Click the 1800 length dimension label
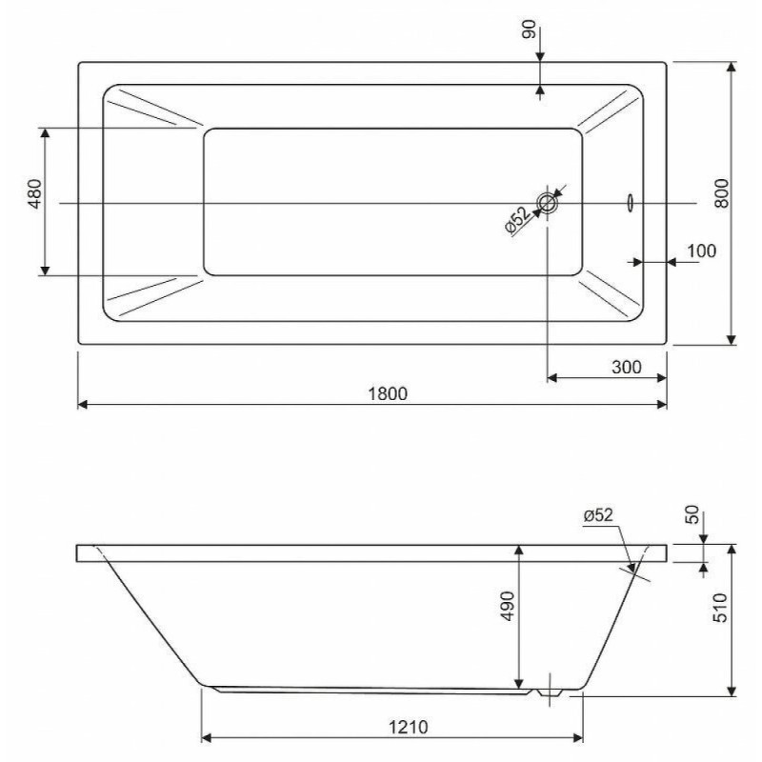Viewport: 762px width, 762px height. pyautogui.click(x=388, y=393)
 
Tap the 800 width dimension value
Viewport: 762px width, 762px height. pyautogui.click(x=722, y=193)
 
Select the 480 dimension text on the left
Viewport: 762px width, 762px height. pyautogui.click(x=35, y=194)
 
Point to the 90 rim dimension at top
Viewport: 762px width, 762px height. pyautogui.click(x=529, y=30)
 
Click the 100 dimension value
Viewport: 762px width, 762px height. pyautogui.click(x=701, y=251)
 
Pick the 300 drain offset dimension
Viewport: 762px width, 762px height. pyautogui.click(x=627, y=367)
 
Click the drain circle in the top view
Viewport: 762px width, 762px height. pyautogui.click(x=547, y=203)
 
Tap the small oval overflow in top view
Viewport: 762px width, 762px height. pyautogui.click(x=631, y=203)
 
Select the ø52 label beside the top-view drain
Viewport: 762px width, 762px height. pyautogui.click(x=517, y=220)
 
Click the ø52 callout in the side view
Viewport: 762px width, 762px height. pyautogui.click(x=598, y=514)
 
